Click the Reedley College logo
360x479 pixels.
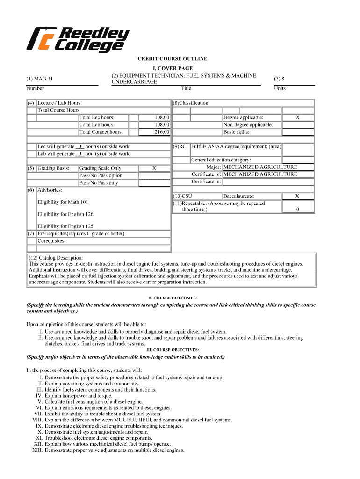[78, 39]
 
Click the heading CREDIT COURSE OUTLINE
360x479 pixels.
[172, 59]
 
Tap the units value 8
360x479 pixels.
[279, 79]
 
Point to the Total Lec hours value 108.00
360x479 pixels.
[162, 118]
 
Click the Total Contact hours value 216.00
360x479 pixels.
[162, 132]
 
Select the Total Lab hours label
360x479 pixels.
[97, 125]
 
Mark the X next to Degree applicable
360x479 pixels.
[297, 118]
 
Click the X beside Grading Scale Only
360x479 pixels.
[154, 168]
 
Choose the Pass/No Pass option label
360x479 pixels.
[101, 175]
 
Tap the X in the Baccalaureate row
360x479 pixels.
[297, 196]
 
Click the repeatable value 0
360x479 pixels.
[297, 210]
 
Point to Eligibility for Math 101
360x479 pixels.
[63, 202]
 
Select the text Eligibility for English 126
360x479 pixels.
[65, 214]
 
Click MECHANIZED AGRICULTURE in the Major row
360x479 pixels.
[260, 167]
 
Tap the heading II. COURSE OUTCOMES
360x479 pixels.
[172, 298]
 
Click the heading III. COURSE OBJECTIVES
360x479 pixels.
[172, 350]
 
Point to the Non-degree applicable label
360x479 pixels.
[248, 125]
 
